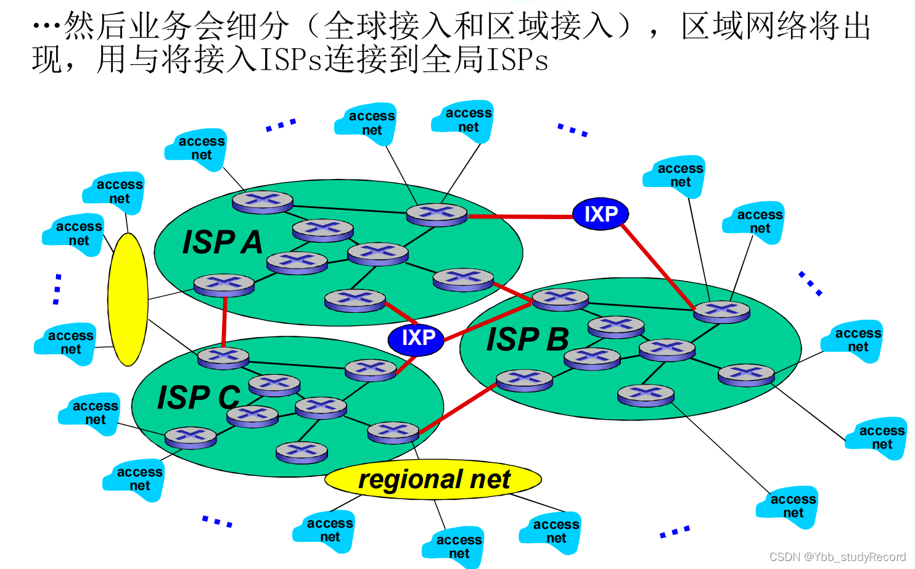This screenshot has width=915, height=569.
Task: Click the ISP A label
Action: pos(223,242)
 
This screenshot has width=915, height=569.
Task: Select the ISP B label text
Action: pos(527,339)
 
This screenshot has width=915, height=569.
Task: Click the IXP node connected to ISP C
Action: pos(416,338)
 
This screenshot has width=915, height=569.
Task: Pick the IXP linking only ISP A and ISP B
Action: pos(600,214)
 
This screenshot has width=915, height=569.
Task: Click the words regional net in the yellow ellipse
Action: pos(434,479)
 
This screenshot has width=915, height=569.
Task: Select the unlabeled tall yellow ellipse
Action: pos(128,299)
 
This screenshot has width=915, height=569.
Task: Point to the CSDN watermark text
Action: pos(837,557)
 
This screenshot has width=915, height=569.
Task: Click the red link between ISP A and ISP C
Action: pos(224,322)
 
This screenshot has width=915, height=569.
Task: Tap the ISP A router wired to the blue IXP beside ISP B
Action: pos(437,214)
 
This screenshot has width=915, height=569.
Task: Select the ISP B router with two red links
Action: pos(560,299)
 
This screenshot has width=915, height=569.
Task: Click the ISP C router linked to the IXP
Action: pos(371,369)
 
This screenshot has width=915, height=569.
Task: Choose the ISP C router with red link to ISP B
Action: pos(393,432)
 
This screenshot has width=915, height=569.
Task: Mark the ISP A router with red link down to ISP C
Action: pos(224,285)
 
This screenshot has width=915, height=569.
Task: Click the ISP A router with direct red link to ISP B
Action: pos(463,279)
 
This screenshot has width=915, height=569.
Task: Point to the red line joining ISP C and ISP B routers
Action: pos(457,409)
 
